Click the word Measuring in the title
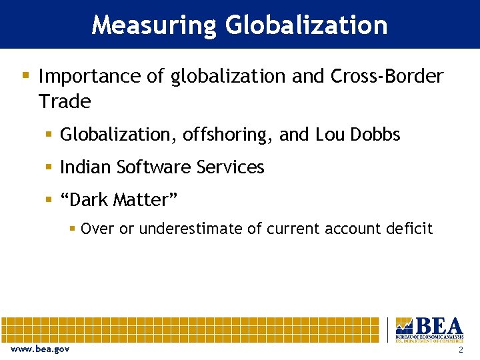point(154,25)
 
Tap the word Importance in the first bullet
point(91,77)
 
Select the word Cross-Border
point(387,77)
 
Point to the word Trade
point(65,102)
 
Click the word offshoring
point(225,135)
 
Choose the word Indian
point(85,167)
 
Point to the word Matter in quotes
point(147,199)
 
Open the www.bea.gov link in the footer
point(40,349)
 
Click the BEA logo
point(429,329)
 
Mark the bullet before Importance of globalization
point(25,75)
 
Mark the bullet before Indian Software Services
point(49,167)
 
